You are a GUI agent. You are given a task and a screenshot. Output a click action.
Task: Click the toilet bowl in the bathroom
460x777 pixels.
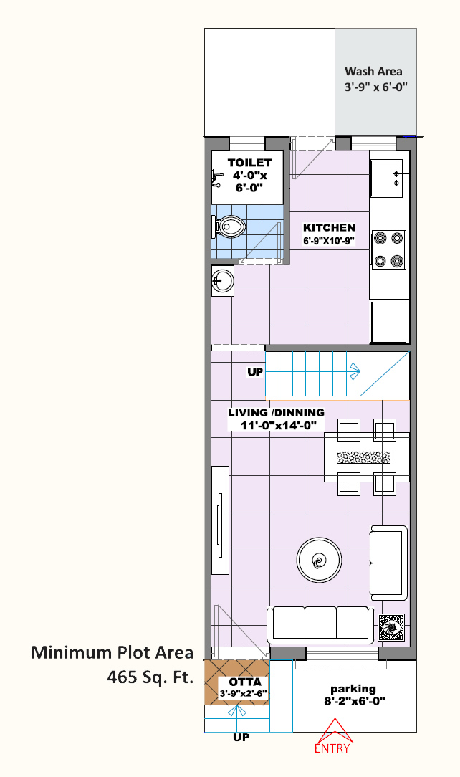point(229,227)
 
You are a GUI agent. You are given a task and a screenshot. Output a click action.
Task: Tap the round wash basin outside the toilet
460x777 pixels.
point(222,281)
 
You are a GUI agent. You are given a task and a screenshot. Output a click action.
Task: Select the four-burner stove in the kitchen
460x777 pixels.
point(388,249)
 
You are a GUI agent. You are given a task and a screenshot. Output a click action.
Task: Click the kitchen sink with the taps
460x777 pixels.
point(387,178)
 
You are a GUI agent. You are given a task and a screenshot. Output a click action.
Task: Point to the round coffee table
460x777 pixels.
point(320,561)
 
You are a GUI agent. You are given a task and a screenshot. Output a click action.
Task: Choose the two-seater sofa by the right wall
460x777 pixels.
point(388,563)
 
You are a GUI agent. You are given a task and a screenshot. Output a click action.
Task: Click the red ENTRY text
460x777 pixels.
point(332,748)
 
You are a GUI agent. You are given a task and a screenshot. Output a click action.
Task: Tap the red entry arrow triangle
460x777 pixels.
point(335,731)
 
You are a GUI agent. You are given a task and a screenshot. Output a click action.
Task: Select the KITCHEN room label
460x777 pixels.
point(330,227)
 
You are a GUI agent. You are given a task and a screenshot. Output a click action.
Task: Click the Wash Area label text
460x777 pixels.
point(373,72)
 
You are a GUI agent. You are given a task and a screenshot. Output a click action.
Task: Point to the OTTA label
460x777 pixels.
point(245,682)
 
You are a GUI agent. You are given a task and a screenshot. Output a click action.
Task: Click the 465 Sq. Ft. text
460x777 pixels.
point(150,677)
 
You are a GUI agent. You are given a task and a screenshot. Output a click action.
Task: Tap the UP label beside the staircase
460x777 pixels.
point(255,371)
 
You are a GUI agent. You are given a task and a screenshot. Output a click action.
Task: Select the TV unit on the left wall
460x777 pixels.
point(221,520)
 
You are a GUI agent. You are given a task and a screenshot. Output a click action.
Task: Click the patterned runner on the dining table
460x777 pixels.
point(363,457)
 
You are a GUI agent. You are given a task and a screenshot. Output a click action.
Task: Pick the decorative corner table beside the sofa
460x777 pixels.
point(391,627)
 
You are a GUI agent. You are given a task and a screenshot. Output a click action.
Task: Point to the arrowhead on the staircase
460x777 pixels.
point(355,371)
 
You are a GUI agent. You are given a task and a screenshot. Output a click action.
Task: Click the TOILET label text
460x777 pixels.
point(249,163)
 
